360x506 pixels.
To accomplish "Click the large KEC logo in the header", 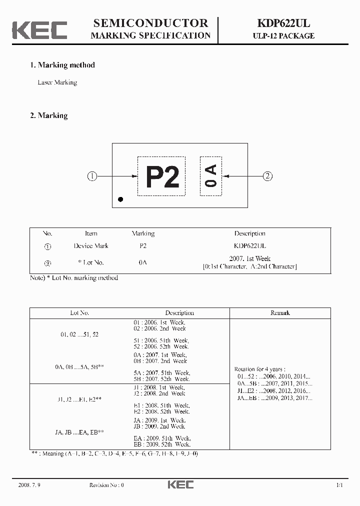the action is pos(40,30).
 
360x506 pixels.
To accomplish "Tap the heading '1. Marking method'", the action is pos(62,65).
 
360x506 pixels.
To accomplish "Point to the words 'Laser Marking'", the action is pos(57,82).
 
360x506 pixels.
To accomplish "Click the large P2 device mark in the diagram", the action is pos(162,176).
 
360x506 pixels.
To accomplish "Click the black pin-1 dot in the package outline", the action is pos(120,199).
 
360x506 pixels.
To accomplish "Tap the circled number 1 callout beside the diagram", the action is pos(92,176).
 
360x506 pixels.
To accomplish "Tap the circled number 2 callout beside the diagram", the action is pos(268,176).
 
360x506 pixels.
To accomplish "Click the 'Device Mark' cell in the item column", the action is pos(91,246).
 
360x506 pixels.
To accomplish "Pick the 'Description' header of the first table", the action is pos(249,233).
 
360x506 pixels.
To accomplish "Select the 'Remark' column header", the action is pos(280,313).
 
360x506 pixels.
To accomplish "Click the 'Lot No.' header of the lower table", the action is pos(79,313).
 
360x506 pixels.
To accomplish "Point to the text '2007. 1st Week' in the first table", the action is pos(249,258).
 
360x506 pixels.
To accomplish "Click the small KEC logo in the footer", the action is pos(180,484).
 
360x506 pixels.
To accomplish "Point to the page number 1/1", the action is pos(339,485).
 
